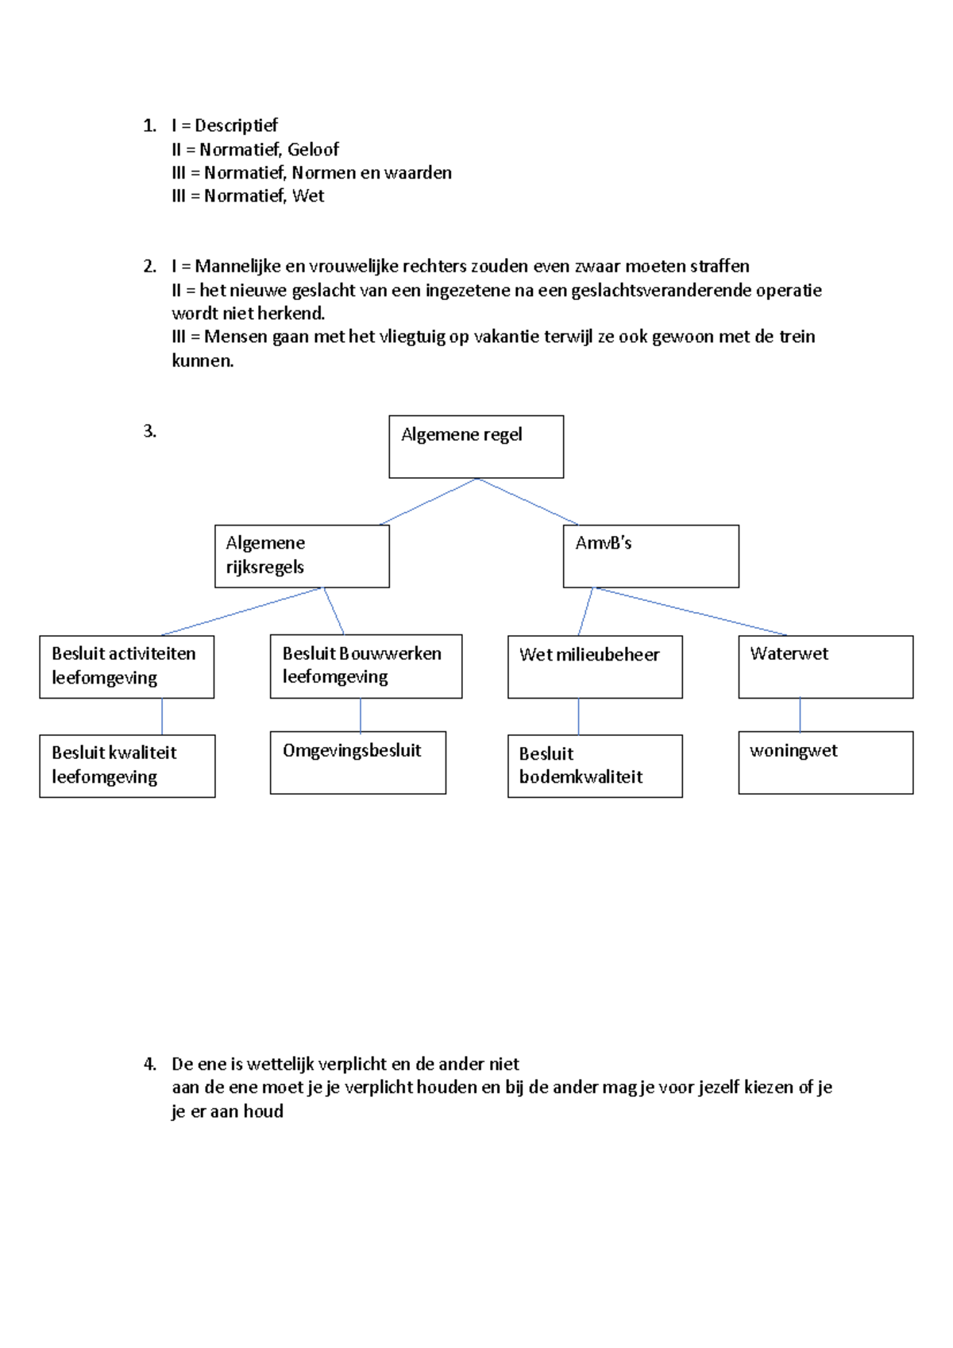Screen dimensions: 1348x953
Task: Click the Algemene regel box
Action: tap(476, 447)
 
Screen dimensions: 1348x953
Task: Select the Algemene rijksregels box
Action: tap(302, 556)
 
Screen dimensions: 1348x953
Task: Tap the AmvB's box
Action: tap(650, 556)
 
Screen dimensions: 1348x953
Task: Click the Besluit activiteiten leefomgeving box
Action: tap(126, 667)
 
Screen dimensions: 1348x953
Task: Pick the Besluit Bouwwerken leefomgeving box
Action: tap(365, 666)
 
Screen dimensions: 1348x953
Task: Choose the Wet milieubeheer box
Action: tap(595, 667)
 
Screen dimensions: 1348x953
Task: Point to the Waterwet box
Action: tap(825, 667)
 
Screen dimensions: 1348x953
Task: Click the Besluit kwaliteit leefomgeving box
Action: tap(127, 766)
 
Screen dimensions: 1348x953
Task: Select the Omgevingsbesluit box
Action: tap(357, 762)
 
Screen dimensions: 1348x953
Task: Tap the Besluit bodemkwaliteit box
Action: tap(595, 766)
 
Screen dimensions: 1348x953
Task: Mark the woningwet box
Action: tap(825, 762)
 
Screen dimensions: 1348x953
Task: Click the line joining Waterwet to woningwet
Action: tap(800, 714)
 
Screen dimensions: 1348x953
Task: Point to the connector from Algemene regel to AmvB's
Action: tap(528, 502)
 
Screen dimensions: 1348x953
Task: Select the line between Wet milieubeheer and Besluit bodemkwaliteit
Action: tap(578, 716)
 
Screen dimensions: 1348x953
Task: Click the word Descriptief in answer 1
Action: tap(236, 125)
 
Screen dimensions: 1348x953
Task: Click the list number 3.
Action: tap(149, 431)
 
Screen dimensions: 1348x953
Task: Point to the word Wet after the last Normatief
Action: tap(308, 196)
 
